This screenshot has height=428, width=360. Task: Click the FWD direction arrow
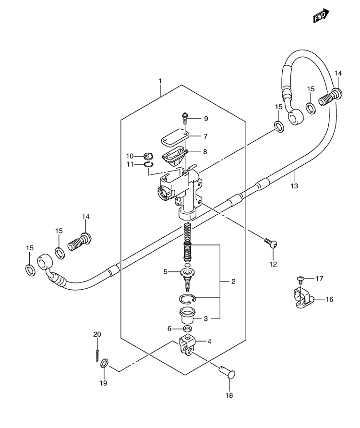(x=321, y=16)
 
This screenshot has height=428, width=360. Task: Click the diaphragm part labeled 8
(x=173, y=157)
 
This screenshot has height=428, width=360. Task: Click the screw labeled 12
(x=271, y=243)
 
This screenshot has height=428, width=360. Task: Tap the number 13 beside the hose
(x=294, y=186)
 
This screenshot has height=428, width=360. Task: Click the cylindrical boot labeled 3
(x=187, y=316)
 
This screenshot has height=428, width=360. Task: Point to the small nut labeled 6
(x=187, y=329)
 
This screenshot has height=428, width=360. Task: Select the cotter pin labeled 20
(x=97, y=355)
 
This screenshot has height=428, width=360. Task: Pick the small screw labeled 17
(x=300, y=279)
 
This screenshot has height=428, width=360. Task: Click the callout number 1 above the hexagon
(x=160, y=81)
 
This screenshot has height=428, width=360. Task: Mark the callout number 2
(x=233, y=281)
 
